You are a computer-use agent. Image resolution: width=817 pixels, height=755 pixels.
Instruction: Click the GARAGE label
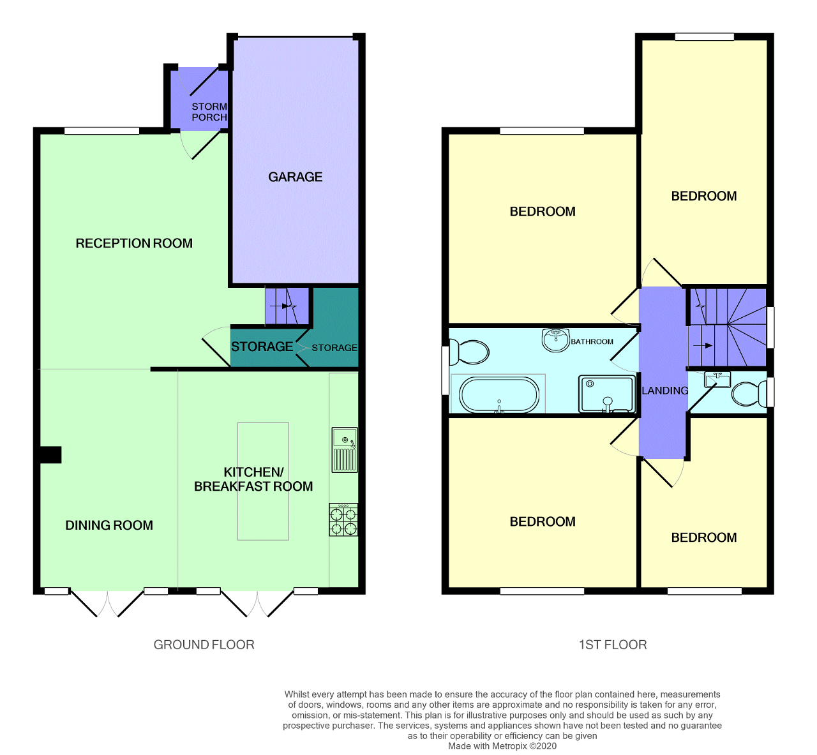tap(295, 177)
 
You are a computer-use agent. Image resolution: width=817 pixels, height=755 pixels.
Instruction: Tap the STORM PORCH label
tap(209, 112)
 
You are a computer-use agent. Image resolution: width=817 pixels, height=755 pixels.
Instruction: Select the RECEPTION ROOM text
tap(134, 243)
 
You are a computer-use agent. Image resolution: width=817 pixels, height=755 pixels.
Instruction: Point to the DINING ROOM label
tap(109, 525)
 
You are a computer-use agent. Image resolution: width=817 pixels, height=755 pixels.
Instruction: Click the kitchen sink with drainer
tap(344, 450)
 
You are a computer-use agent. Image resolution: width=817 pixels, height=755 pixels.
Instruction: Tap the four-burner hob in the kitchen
tap(343, 520)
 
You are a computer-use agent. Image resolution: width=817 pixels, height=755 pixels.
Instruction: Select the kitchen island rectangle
tap(263, 481)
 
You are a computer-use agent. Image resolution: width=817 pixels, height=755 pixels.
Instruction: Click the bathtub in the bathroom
tap(499, 396)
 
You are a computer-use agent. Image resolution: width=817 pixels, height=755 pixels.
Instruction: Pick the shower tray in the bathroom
tap(606, 394)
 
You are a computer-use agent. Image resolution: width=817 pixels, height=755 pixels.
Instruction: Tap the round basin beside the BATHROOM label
tap(555, 340)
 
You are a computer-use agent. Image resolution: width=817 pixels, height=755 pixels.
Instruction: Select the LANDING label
tap(664, 391)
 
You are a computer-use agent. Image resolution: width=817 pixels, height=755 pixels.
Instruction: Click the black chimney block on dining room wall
tap(50, 454)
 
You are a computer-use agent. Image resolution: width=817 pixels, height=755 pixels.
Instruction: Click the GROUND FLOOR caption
tap(204, 645)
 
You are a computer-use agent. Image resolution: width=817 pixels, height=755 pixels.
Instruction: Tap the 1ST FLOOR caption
tap(612, 645)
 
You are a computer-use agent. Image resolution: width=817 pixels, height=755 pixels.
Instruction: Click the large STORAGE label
tap(262, 347)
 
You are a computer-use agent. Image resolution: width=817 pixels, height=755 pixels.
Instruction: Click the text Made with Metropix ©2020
tap(502, 746)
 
